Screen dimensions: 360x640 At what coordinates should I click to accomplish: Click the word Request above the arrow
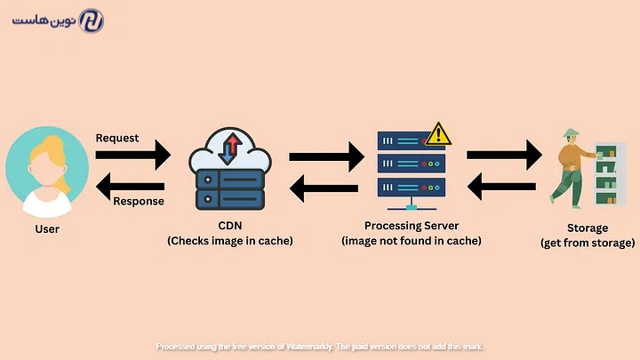click(117, 138)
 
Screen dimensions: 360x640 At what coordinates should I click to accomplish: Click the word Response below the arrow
click(139, 201)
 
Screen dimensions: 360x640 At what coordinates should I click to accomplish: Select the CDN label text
click(229, 226)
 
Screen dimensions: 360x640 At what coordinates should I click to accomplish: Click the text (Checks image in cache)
click(229, 241)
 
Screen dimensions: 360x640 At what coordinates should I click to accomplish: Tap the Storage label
click(588, 228)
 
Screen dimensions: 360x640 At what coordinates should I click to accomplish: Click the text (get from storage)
click(588, 243)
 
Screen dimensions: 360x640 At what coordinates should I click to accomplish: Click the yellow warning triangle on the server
click(438, 135)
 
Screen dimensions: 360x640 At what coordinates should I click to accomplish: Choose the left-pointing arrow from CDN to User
click(131, 186)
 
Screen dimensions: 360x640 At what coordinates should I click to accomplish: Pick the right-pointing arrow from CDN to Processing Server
click(326, 157)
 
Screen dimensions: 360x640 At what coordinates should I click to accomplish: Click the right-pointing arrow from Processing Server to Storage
click(504, 156)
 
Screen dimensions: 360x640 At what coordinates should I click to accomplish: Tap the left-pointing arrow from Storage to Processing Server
click(504, 186)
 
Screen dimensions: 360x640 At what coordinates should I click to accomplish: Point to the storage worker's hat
click(569, 134)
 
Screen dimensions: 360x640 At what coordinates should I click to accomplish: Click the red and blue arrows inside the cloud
click(228, 148)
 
